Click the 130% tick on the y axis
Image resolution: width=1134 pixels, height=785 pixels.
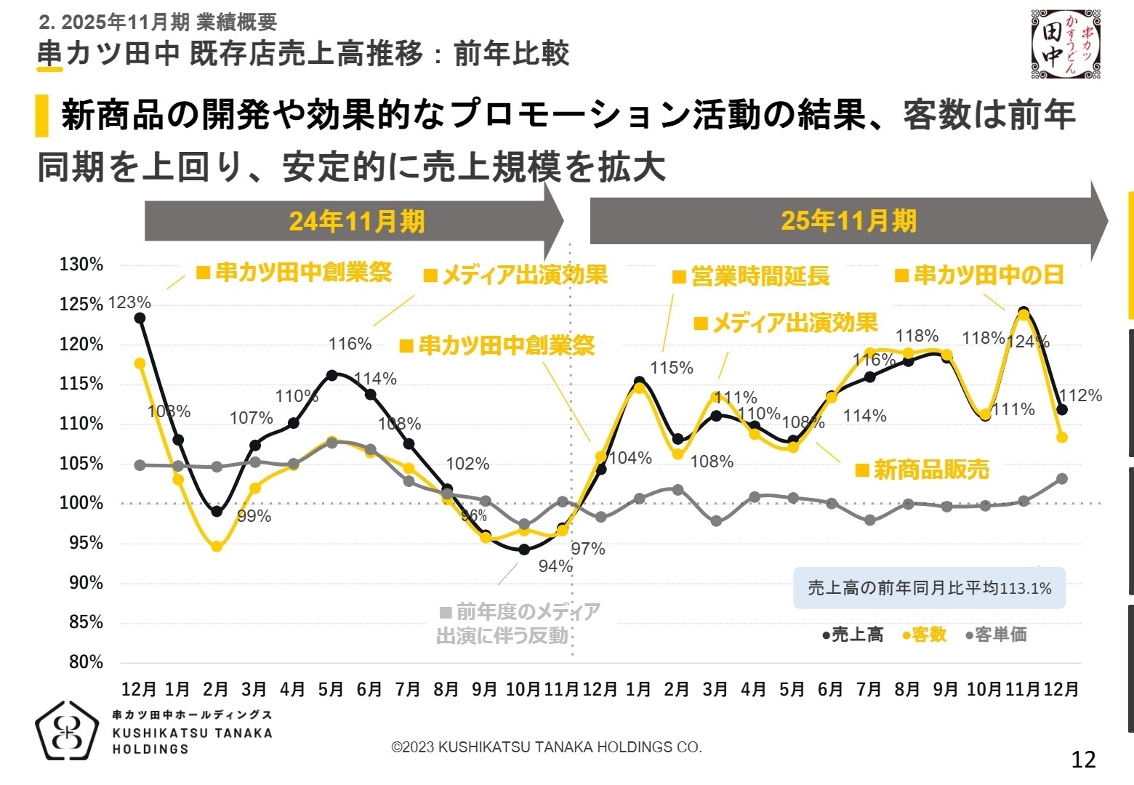81,265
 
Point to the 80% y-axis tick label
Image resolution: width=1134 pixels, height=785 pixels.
86,662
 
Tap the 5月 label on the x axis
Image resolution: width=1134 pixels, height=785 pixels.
331,689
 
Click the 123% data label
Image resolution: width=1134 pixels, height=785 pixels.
129,302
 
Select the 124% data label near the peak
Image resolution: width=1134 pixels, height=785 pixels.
1028,342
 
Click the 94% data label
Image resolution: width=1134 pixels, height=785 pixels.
555,566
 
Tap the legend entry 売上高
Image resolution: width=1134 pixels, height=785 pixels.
853,635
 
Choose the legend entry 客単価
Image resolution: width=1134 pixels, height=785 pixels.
997,635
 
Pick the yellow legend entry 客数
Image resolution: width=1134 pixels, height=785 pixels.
925,635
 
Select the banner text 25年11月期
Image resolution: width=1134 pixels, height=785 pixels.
848,221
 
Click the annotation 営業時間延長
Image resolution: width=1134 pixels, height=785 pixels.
751,277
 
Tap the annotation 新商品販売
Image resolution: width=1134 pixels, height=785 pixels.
922,470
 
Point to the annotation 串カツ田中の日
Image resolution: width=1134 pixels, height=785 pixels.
979,275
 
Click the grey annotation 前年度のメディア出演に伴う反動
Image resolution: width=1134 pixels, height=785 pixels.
519,624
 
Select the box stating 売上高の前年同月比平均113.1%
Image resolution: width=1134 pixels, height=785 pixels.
929,588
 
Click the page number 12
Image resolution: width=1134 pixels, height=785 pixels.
1083,760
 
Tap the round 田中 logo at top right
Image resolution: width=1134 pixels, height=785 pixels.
1066,44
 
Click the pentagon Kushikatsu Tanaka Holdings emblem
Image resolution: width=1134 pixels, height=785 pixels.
67,731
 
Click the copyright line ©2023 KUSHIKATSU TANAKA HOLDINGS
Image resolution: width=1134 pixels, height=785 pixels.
547,747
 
